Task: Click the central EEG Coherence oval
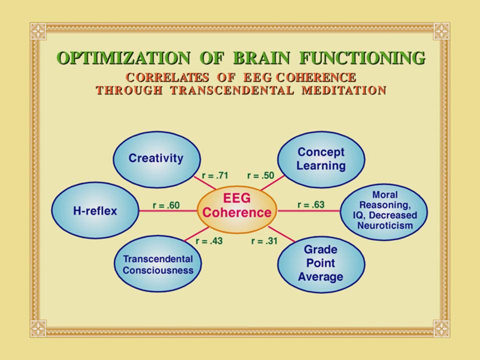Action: point(237,211)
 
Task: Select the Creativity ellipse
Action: point(156,158)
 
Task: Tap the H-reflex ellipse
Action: point(95,211)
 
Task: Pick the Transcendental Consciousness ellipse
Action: point(158,264)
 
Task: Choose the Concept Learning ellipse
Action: point(320,158)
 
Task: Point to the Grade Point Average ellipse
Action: point(320,263)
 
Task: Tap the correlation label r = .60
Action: point(166,204)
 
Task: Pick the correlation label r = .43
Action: point(209,241)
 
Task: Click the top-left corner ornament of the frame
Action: point(38,31)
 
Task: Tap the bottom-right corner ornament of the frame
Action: point(441,328)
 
